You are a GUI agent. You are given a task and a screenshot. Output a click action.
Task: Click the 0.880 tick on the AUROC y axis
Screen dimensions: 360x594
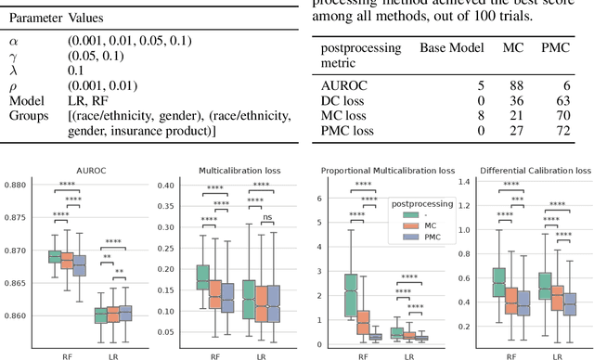[x=22, y=186]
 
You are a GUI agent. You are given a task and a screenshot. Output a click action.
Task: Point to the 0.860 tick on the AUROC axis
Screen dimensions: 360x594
[x=22, y=316]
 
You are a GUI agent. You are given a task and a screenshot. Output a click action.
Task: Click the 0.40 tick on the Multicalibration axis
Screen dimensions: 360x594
[x=165, y=186]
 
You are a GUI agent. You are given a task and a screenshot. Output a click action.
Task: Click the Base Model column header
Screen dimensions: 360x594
[x=453, y=46]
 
